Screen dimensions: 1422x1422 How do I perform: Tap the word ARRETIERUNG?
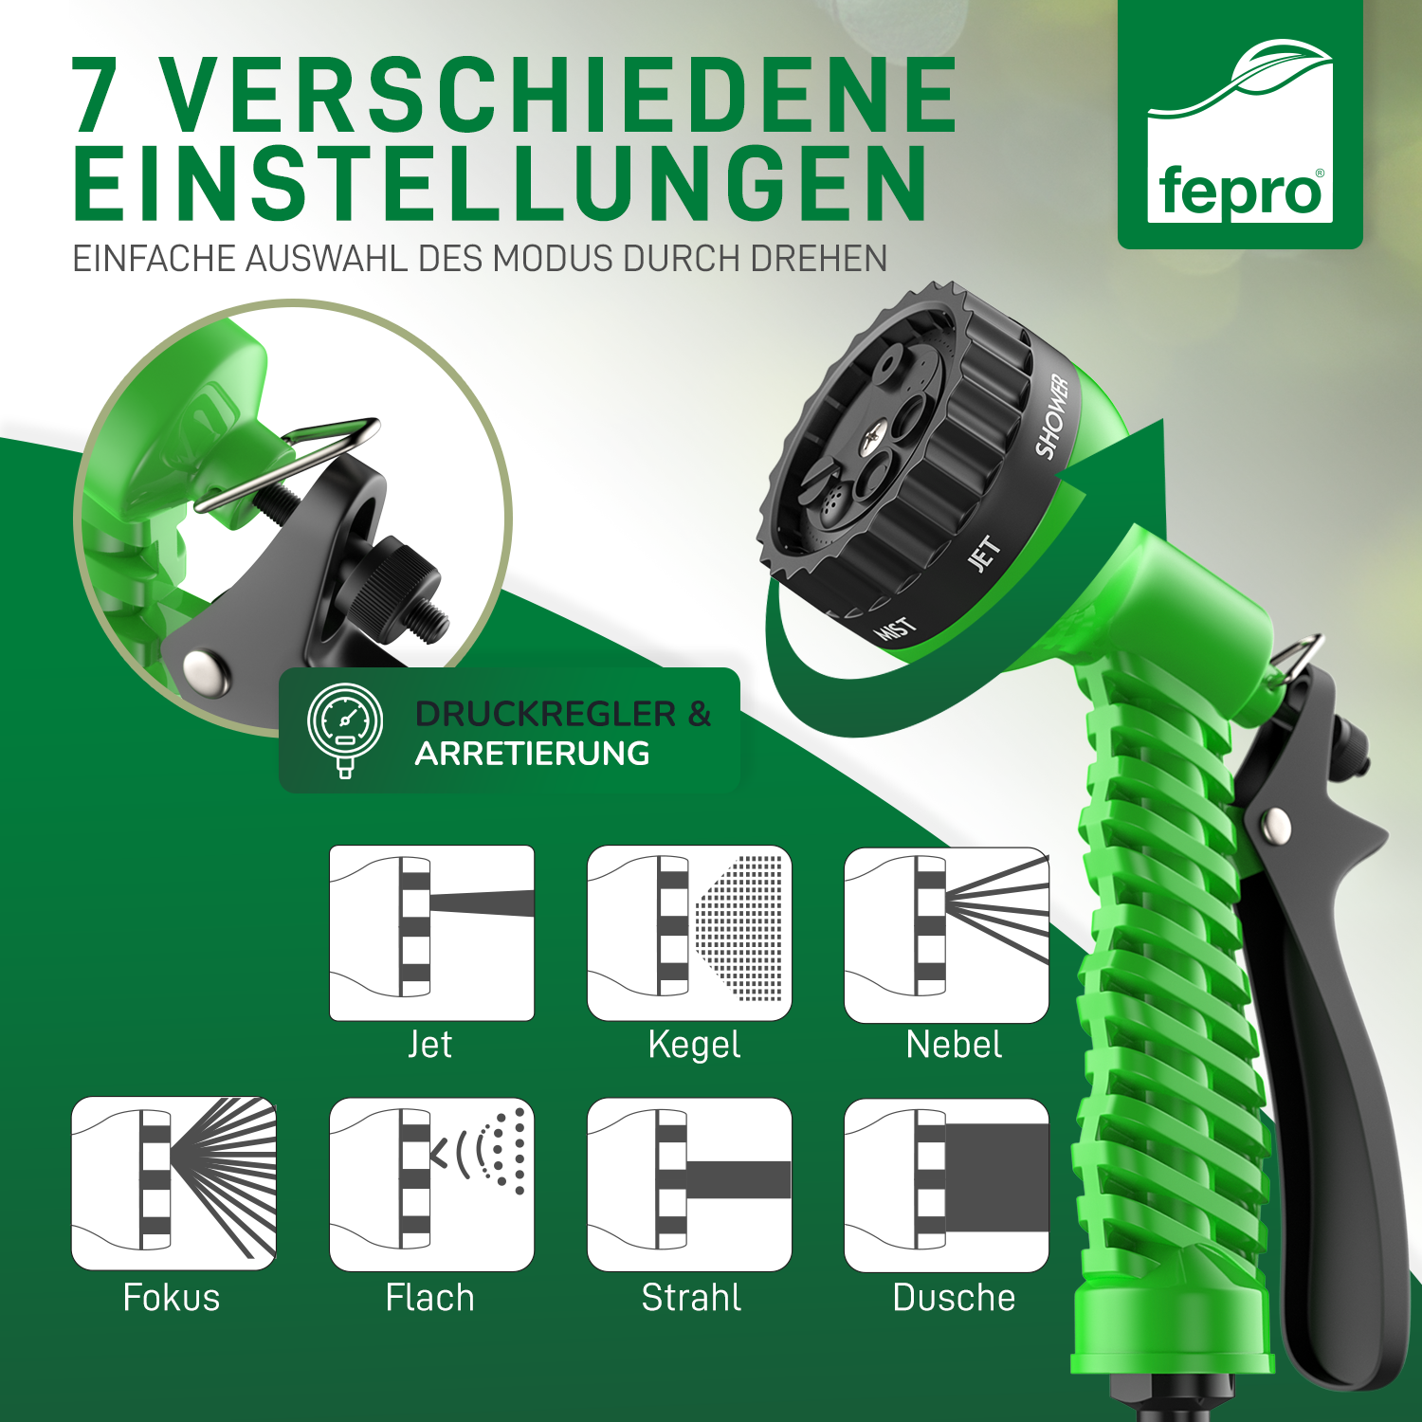pyautogui.click(x=533, y=754)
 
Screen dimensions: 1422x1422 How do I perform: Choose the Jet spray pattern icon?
pyautogui.click(x=431, y=933)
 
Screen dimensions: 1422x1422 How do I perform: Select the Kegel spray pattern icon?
pyautogui.click(x=689, y=933)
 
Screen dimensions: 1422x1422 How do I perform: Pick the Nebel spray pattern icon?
pyautogui.click(x=946, y=935)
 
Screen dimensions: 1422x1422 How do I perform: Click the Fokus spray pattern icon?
pyautogui.click(x=173, y=1183)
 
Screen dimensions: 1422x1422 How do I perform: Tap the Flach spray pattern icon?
pyautogui.click(x=431, y=1184)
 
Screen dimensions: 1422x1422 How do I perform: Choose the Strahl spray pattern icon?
pyautogui.click(x=689, y=1184)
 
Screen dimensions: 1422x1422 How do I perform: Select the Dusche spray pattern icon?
pyautogui.click(x=946, y=1185)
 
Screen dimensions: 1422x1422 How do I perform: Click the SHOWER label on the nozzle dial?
pyautogui.click(x=1052, y=417)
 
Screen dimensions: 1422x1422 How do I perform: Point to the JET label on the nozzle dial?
pyautogui.click(x=984, y=554)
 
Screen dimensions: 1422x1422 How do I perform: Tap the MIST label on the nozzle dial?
pyautogui.click(x=896, y=629)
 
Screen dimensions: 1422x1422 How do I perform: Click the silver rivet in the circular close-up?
pyautogui.click(x=204, y=670)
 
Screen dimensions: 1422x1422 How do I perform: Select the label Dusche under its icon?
pyautogui.click(x=954, y=1297)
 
